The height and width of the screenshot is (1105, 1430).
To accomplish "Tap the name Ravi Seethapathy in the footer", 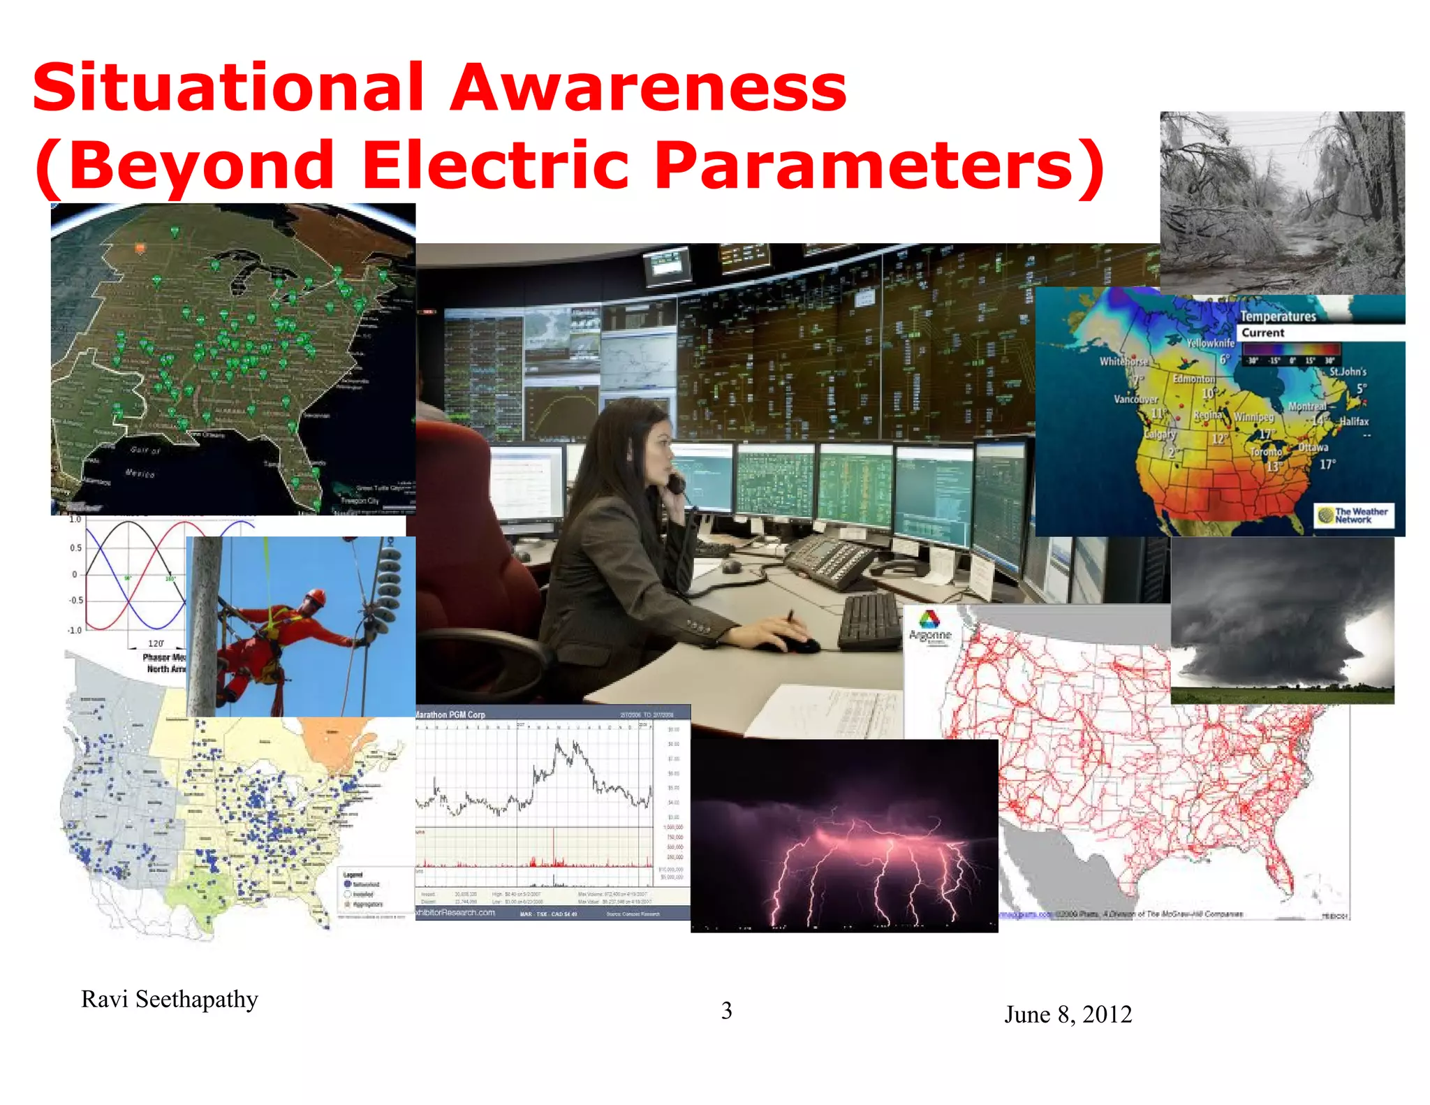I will pyautogui.click(x=170, y=1000).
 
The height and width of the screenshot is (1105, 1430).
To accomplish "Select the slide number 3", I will pyautogui.click(x=726, y=1011).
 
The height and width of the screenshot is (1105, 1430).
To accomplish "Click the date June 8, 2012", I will pyautogui.click(x=1068, y=1014).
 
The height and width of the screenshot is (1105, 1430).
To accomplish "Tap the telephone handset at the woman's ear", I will pyautogui.click(x=676, y=483).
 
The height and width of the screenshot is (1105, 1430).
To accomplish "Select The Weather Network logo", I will pyautogui.click(x=1353, y=515).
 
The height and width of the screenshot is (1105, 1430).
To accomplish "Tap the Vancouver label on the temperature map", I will pyautogui.click(x=1135, y=399).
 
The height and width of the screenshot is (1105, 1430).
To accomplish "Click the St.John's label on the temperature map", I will pyautogui.click(x=1347, y=372).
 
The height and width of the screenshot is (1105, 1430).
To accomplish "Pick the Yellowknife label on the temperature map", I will pyautogui.click(x=1210, y=343).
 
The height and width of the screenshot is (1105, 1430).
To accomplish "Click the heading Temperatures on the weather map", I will pyautogui.click(x=1277, y=316).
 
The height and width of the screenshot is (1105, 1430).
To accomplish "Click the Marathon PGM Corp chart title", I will pyautogui.click(x=450, y=715).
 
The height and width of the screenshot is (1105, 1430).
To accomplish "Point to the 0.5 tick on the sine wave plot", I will pyautogui.click(x=75, y=548).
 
